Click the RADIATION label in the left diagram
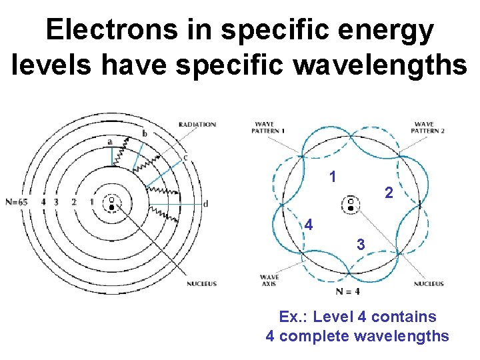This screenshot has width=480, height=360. pyautogui.click(x=197, y=124)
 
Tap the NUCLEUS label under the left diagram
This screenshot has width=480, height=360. pyautogui.click(x=201, y=284)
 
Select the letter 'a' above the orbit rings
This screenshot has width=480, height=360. pyautogui.click(x=109, y=141)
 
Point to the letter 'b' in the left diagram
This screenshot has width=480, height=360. pyautogui.click(x=145, y=134)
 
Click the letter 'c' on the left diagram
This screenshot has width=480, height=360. pyautogui.click(x=185, y=158)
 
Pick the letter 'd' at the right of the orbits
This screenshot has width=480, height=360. pyautogui.click(x=205, y=203)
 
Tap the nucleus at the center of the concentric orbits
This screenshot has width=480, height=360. pyautogui.click(x=111, y=204)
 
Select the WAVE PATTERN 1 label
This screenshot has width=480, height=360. pyautogui.click(x=269, y=127)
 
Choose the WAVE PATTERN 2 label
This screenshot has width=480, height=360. pyautogui.click(x=429, y=127)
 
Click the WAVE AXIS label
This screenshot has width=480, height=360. pyautogui.click(x=269, y=281)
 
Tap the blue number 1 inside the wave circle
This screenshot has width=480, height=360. pyautogui.click(x=333, y=177)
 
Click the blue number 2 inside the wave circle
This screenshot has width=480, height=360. pyautogui.click(x=389, y=193)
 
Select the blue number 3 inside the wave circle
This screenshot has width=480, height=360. pyautogui.click(x=361, y=245)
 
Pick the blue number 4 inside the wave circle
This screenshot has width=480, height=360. pyautogui.click(x=308, y=225)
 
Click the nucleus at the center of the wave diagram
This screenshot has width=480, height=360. pyautogui.click(x=351, y=204)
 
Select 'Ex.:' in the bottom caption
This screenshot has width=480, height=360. pyautogui.click(x=293, y=317)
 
